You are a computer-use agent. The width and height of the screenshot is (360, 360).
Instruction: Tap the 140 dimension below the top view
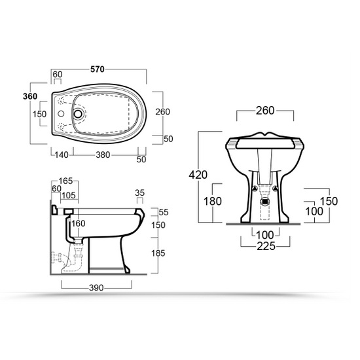(x=61, y=155)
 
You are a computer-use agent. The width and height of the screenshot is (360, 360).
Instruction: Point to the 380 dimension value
(x=103, y=155)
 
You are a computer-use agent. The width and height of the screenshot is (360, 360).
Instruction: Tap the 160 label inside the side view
(x=79, y=224)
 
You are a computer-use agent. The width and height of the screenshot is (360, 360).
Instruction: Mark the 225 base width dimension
(x=265, y=247)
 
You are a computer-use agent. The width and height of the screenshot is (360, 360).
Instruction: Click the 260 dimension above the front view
(x=265, y=110)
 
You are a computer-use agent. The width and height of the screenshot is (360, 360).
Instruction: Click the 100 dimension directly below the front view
(x=265, y=234)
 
